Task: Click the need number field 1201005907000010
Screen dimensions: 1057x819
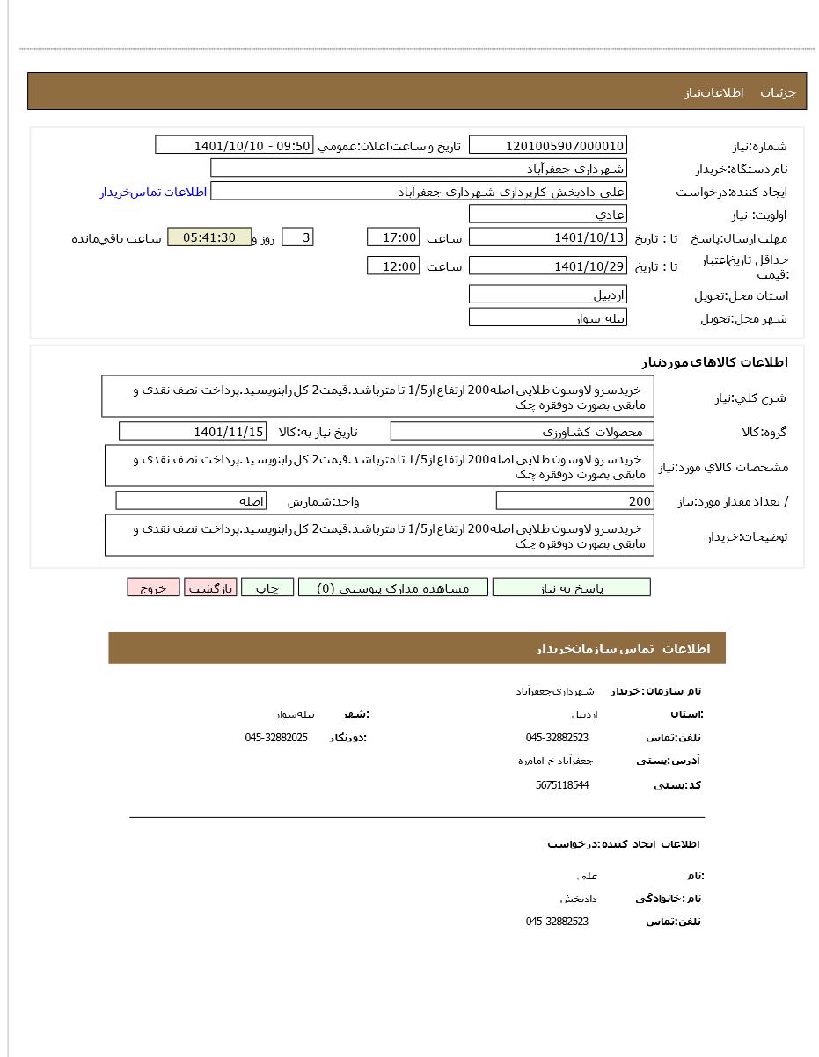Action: (x=547, y=146)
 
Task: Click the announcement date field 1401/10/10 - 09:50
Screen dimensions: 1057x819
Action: (x=234, y=146)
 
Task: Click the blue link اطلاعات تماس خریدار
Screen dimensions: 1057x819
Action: (x=153, y=192)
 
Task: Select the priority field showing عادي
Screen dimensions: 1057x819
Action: (x=547, y=215)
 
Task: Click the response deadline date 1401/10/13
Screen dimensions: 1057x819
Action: (x=547, y=237)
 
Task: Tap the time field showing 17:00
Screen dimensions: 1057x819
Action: (x=393, y=237)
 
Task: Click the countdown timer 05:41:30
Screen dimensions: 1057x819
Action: (x=209, y=237)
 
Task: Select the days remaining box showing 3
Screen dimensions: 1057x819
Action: (x=297, y=237)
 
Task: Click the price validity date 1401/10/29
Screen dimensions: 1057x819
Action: (x=547, y=266)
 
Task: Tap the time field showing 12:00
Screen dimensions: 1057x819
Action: (x=393, y=266)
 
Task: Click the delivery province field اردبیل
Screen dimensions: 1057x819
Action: (x=547, y=295)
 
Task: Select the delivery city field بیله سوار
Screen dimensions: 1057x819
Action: (x=547, y=318)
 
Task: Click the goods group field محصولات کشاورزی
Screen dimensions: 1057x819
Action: (x=523, y=432)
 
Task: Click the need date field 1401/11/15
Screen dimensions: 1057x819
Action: (x=193, y=432)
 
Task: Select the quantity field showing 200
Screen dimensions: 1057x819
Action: (x=575, y=501)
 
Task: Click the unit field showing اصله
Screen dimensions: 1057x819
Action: (x=191, y=501)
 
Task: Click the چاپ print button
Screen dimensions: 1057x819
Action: (x=267, y=588)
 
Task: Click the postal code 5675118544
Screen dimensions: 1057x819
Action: (x=561, y=785)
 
